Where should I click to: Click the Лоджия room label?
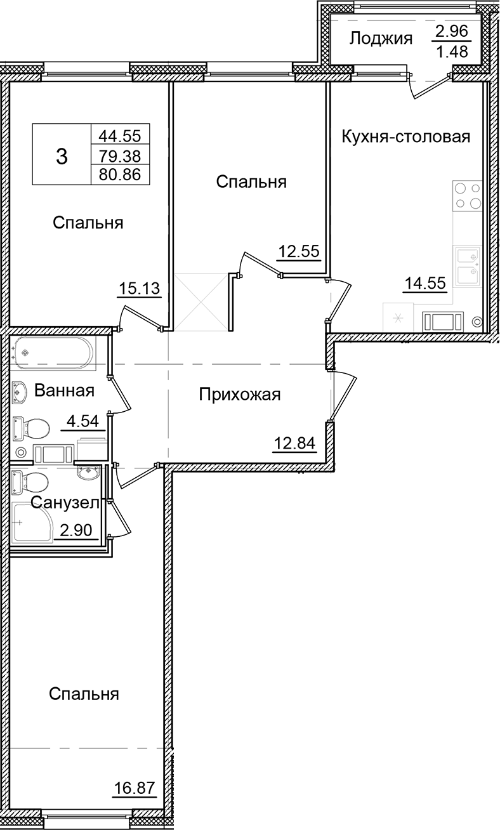click(x=381, y=38)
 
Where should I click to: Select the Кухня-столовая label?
click(x=405, y=136)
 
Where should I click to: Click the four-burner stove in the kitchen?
click(x=468, y=196)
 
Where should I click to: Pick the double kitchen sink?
click(x=468, y=267)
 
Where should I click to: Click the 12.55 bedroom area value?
click(x=299, y=252)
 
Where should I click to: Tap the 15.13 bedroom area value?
click(x=140, y=289)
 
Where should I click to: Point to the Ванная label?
click(x=64, y=390)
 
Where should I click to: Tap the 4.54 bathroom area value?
click(x=82, y=421)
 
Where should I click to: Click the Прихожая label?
click(x=239, y=395)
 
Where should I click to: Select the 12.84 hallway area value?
click(x=294, y=444)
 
